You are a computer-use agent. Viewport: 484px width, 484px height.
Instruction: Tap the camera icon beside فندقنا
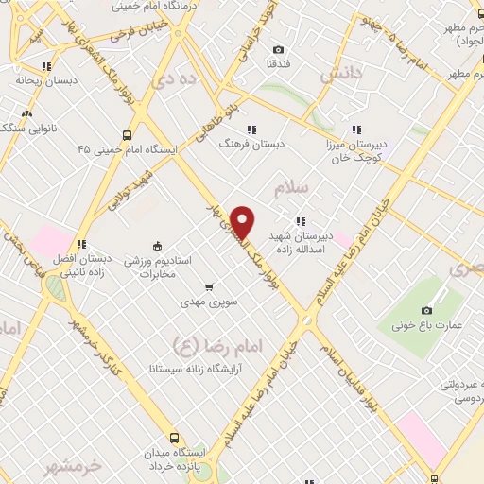tap(278, 50)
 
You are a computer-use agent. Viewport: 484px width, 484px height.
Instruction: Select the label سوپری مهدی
tap(209, 303)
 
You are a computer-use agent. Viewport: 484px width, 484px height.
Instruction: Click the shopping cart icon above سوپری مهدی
tap(209, 286)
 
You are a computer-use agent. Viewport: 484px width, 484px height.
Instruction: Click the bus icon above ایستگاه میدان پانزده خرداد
tap(174, 439)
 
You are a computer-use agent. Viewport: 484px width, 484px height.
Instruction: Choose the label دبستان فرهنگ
tap(251, 147)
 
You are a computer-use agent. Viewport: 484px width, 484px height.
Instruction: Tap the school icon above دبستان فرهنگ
tap(251, 130)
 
